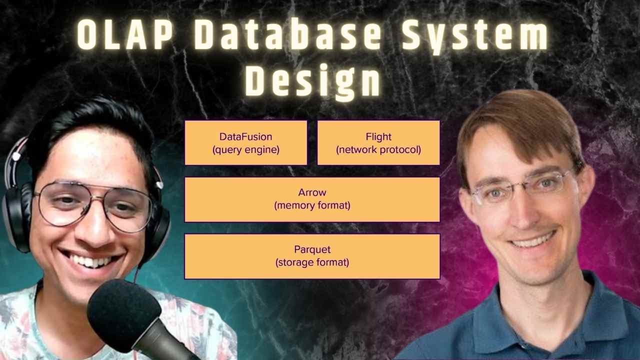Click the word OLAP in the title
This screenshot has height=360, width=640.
click(x=125, y=35)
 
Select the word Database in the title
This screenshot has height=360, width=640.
click(x=287, y=35)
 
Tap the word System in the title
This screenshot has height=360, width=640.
click(x=475, y=35)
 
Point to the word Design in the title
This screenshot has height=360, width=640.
click(x=313, y=81)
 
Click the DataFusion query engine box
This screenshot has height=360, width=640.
click(x=246, y=143)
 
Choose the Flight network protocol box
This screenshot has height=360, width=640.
click(x=378, y=143)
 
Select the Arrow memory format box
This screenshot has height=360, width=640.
click(x=312, y=199)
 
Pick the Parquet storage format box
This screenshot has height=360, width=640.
click(x=312, y=256)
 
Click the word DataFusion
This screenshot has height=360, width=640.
click(x=245, y=136)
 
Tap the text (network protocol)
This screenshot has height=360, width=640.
click(x=378, y=149)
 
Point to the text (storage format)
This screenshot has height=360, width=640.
click(x=312, y=262)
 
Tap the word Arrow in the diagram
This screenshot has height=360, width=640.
click(x=312, y=192)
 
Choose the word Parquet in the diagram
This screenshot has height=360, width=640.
click(x=312, y=249)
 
